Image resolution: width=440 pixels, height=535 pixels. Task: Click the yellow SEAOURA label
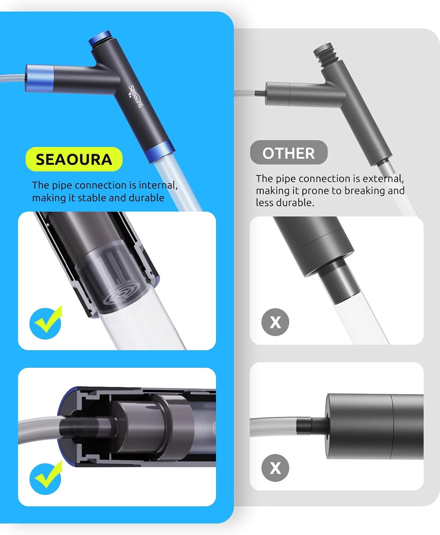(74, 159)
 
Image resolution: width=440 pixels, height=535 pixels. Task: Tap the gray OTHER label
(288, 153)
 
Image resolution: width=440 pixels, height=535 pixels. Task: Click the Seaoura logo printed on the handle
(135, 96)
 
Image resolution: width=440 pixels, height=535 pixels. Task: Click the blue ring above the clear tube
(159, 151)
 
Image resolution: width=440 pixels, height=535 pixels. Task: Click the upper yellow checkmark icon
(46, 322)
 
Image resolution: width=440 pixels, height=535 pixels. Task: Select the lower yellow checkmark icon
(46, 478)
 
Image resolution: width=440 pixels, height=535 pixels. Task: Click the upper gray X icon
(275, 322)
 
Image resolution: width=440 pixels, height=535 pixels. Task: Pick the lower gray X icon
(275, 468)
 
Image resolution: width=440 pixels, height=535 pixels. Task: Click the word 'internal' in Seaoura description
(157, 185)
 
